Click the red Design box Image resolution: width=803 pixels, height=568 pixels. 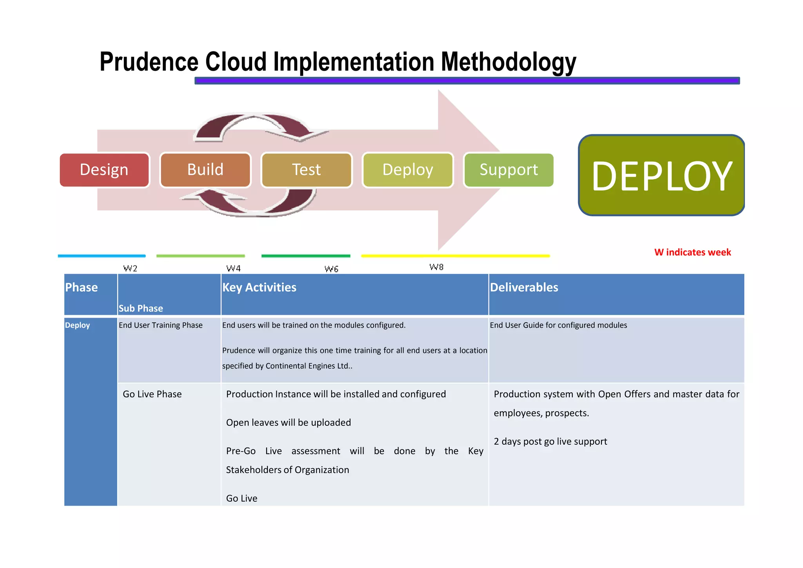pos(104,170)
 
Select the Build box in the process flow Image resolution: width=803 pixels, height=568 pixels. pos(205,170)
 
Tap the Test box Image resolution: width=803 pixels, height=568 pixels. pos(306,170)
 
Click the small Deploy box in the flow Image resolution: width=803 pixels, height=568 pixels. pos(407,170)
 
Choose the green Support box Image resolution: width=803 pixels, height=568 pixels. pos(509,170)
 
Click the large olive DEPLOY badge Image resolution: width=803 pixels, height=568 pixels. pos(661,175)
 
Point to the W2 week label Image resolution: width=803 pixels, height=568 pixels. pos(130,268)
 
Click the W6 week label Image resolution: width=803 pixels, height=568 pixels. pos(331,269)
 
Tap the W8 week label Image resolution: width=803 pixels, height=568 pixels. pos(436,267)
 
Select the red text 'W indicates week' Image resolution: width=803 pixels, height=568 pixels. pos(692,252)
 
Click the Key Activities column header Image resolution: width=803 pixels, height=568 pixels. pos(259,287)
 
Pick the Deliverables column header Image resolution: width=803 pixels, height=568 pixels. pos(524,287)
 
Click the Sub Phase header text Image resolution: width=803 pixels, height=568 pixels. pos(141,309)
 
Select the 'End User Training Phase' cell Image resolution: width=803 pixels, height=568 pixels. pos(161,325)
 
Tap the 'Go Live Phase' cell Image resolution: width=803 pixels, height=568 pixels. pos(152,394)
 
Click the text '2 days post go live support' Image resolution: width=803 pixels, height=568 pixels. pos(550,442)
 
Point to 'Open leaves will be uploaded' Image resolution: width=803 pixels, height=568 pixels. pos(288,423)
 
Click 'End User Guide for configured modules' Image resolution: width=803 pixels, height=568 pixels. pos(558,325)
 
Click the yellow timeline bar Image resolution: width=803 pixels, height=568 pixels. pos(455,256)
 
